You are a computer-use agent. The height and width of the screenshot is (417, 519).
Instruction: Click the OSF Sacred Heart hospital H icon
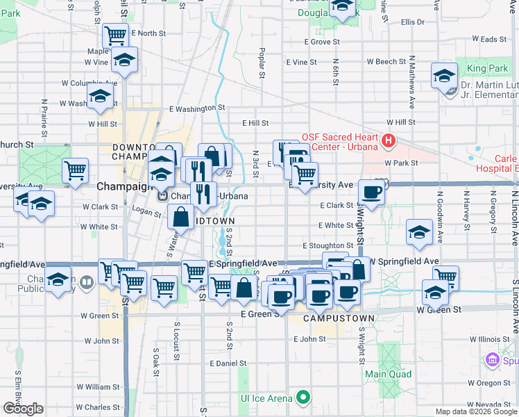pyautogui.click(x=388, y=142)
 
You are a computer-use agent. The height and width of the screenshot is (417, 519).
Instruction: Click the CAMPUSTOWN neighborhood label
pyautogui.click(x=340, y=318)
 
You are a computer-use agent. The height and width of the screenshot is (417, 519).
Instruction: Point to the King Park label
pyautogui.click(x=487, y=68)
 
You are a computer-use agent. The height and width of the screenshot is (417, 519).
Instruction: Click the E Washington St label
pyautogui.click(x=198, y=108)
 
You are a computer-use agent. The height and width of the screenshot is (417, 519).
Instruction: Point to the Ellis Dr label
pyautogui.click(x=412, y=22)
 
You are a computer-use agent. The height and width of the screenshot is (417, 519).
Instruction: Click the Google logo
pyautogui.click(x=23, y=409)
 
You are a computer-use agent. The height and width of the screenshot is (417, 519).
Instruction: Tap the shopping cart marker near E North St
pyautogui.click(x=115, y=35)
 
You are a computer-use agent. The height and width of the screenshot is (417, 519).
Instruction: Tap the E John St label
pyautogui.click(x=309, y=339)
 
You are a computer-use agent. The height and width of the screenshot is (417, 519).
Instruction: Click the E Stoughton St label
pyautogui.click(x=328, y=246)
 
